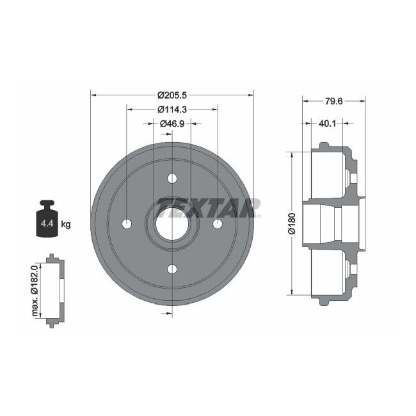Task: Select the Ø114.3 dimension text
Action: (x=172, y=109)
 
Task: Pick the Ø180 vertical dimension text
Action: (x=291, y=223)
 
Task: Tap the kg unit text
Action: (x=65, y=224)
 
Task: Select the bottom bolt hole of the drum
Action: (x=172, y=268)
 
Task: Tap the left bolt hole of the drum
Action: (x=127, y=223)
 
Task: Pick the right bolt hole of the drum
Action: (x=217, y=223)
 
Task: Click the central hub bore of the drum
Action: (x=172, y=223)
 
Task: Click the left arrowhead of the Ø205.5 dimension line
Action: (x=94, y=95)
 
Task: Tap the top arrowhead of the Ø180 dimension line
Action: (x=291, y=154)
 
